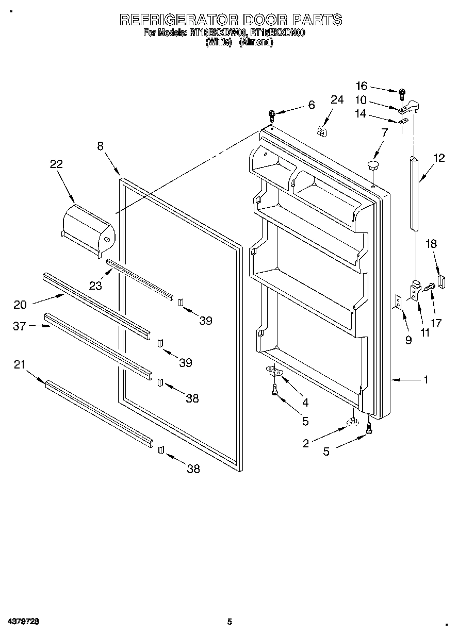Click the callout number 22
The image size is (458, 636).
56,164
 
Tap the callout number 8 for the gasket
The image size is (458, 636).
100,146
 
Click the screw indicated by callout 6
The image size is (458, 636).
272,115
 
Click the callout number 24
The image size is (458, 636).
337,99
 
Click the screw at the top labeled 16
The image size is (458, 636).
402,93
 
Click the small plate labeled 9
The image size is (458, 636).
398,302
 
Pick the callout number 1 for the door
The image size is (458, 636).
426,380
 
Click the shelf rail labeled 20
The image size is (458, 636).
95,304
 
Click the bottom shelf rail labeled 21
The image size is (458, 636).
98,412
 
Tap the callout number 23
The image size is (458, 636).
95,285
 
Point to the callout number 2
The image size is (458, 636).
306,443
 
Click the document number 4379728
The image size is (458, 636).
24,622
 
